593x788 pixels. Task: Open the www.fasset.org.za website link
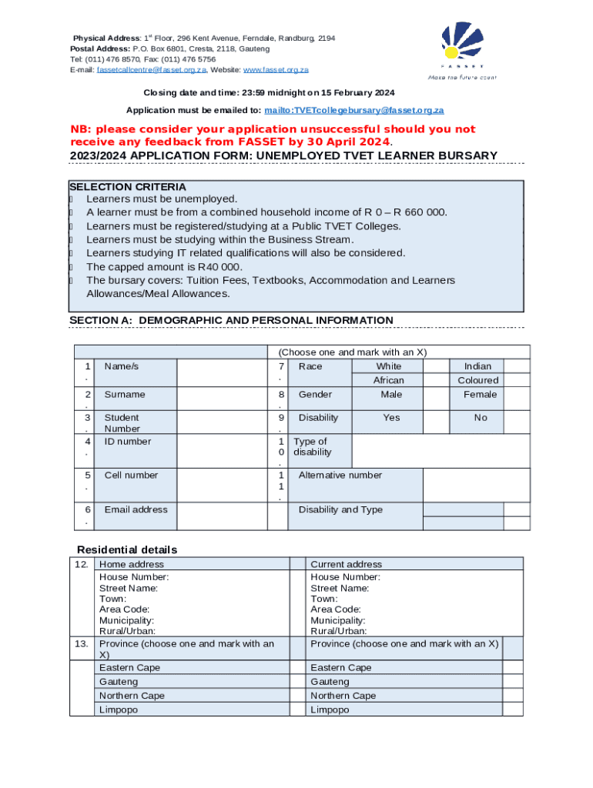(x=276, y=69)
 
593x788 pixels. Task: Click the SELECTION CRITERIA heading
(x=127, y=186)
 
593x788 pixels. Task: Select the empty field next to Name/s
(x=221, y=373)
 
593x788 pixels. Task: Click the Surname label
(x=125, y=394)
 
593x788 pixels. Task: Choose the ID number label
(x=128, y=441)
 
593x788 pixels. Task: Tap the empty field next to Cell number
(x=221, y=485)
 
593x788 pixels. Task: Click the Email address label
(x=136, y=509)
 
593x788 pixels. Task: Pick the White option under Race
(x=388, y=366)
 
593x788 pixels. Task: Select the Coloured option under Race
(x=477, y=380)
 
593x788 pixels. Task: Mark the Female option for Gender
(x=480, y=394)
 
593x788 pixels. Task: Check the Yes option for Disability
(x=391, y=418)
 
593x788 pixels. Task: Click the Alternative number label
(x=340, y=475)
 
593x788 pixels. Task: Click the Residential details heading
(x=127, y=549)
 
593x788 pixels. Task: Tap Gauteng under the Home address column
(x=119, y=682)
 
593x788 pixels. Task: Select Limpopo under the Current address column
(x=330, y=710)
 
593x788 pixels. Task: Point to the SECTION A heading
(x=231, y=320)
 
